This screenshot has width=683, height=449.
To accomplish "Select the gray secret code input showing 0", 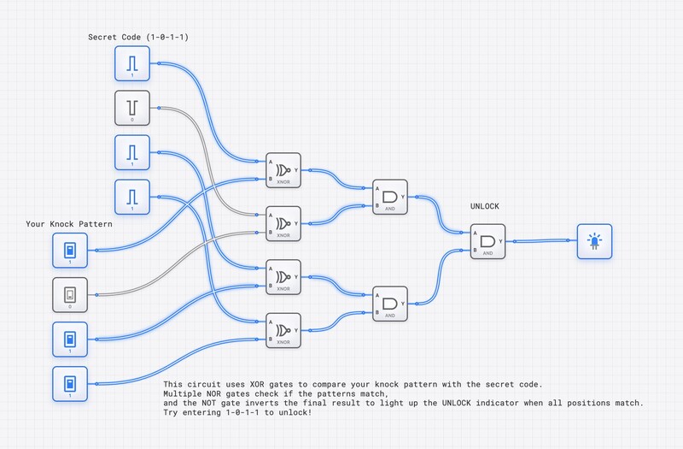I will click(132, 108).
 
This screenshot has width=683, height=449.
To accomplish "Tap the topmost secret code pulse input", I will click(132, 63).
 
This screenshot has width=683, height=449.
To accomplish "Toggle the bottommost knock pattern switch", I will click(69, 384).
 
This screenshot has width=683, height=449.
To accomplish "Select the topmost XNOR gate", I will click(283, 169).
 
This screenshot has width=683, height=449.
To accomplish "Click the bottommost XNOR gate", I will click(283, 330).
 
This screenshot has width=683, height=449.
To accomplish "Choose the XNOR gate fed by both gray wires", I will click(283, 223).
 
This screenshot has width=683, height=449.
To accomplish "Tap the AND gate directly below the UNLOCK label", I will click(487, 241).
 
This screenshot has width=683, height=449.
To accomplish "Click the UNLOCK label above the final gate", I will click(485, 207).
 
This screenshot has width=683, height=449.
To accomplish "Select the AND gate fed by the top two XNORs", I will click(390, 197).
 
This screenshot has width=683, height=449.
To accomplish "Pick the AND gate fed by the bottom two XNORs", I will click(390, 304).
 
